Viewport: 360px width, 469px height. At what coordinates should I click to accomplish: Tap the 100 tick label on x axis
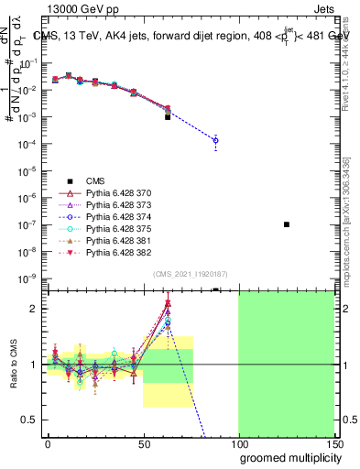point(239,442)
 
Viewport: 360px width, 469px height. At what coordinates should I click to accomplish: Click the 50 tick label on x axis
point(143,442)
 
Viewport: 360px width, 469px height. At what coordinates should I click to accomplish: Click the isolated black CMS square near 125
point(287,224)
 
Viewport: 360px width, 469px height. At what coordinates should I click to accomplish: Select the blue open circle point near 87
point(215,140)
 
